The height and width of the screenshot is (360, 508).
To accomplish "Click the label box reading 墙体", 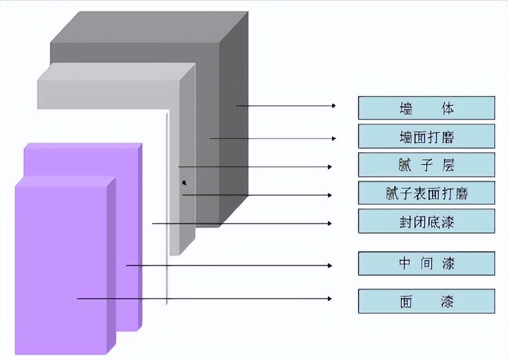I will click(x=426, y=108).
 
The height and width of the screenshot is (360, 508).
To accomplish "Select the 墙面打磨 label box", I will click(x=426, y=136).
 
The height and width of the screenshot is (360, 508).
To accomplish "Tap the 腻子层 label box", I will click(x=426, y=165).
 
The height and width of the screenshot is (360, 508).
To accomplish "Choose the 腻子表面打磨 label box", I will click(x=426, y=193).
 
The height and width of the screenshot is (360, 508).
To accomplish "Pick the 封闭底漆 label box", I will click(x=426, y=221).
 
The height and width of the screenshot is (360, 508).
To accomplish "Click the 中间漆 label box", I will click(x=426, y=264).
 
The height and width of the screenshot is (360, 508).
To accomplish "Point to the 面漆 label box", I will click(x=426, y=301).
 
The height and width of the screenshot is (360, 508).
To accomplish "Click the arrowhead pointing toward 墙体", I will click(x=334, y=106).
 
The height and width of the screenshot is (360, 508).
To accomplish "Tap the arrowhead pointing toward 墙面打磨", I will click(x=334, y=139).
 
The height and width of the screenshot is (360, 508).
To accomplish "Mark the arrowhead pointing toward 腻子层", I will click(x=330, y=167).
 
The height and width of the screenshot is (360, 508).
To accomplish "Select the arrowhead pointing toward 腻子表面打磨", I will click(x=330, y=196).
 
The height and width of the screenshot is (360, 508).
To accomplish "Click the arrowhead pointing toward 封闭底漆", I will click(x=330, y=224).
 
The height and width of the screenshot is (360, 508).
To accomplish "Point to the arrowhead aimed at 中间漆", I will click(x=330, y=266).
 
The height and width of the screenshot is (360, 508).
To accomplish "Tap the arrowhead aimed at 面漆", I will click(x=330, y=299).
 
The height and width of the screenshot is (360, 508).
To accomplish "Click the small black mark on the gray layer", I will click(x=183, y=183).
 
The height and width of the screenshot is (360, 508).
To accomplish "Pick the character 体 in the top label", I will click(x=448, y=108).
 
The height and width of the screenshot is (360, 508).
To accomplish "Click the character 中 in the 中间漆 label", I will click(x=405, y=264).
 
